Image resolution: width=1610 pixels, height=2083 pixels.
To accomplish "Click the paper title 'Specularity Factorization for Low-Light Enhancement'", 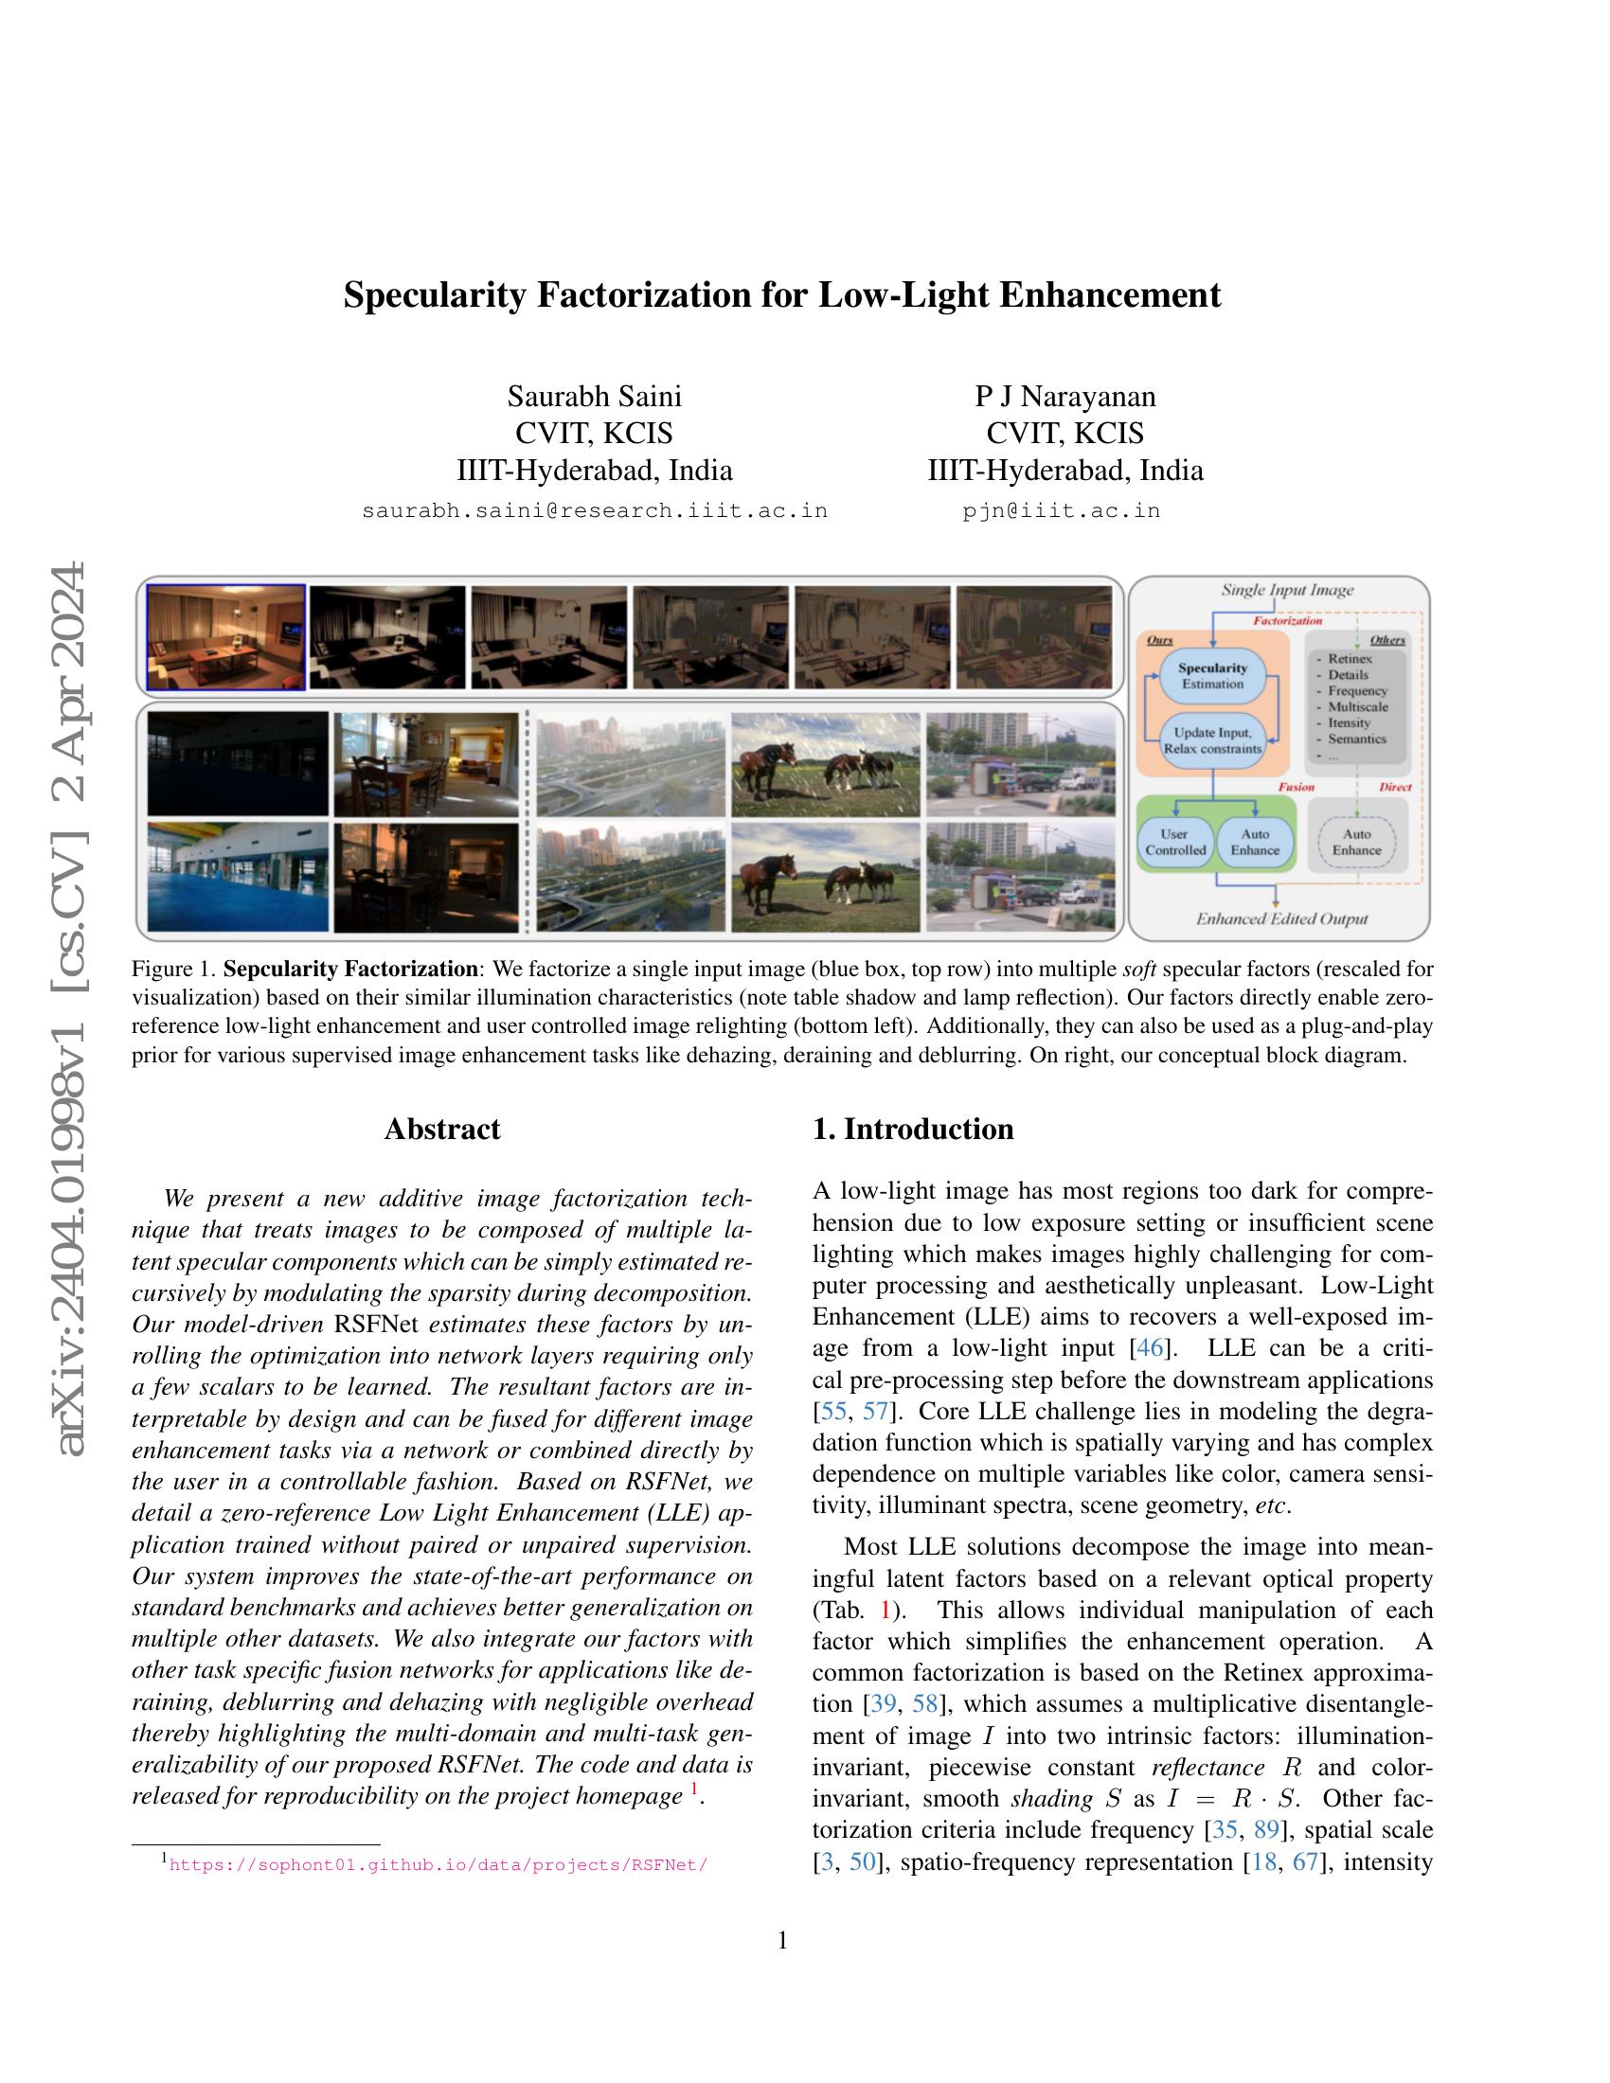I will coord(781,294).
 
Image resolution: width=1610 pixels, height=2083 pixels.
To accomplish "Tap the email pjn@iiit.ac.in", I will coord(1061,510).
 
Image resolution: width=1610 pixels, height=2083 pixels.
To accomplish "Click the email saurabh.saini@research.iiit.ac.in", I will coord(594,510).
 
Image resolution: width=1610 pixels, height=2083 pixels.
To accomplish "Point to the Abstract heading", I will coord(441,1129).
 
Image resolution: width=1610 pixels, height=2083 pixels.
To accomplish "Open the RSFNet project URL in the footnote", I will coord(438,1865).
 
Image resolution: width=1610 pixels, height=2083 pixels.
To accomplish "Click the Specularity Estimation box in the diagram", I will coord(1212,675).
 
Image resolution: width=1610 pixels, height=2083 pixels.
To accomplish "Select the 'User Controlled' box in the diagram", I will coord(1175,841).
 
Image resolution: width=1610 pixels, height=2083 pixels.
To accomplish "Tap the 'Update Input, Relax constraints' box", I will coord(1212,740).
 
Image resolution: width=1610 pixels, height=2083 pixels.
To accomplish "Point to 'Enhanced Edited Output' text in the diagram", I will coord(1281,918).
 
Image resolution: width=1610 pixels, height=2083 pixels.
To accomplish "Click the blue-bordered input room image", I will coord(225,637).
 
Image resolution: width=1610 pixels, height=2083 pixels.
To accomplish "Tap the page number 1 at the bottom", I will coord(783,1940).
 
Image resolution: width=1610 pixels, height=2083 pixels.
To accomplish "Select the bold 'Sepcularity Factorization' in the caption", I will coord(350,969).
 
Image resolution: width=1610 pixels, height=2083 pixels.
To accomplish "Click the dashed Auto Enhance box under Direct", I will coord(1355,841).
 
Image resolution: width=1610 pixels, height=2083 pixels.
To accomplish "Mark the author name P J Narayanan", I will coord(1064,396).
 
